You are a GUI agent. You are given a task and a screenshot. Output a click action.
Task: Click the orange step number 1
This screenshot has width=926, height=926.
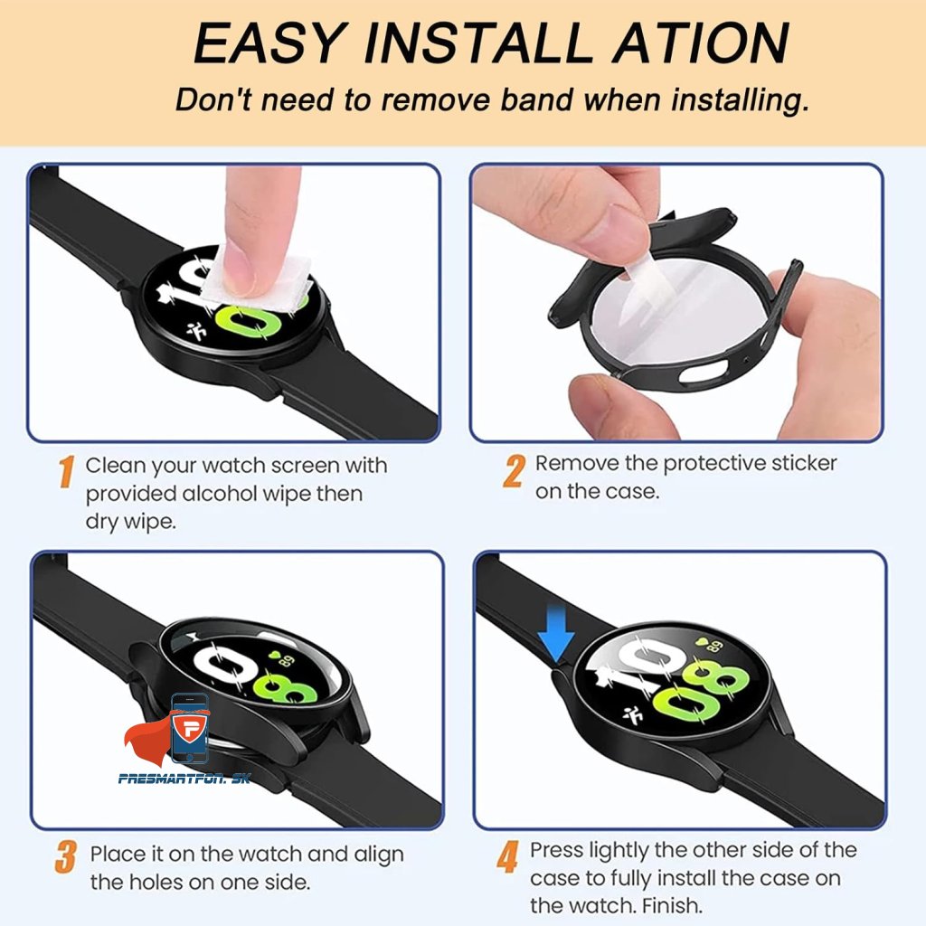(67, 471)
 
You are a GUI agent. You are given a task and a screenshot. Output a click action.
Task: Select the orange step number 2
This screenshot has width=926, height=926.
(514, 471)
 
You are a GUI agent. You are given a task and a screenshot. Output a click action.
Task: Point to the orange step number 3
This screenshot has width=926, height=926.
(66, 857)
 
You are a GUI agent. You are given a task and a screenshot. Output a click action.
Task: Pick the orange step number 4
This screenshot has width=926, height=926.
(507, 857)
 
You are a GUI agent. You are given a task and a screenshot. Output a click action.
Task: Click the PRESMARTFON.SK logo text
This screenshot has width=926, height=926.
(184, 779)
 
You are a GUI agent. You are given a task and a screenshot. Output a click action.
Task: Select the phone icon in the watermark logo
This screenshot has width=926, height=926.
(190, 728)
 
